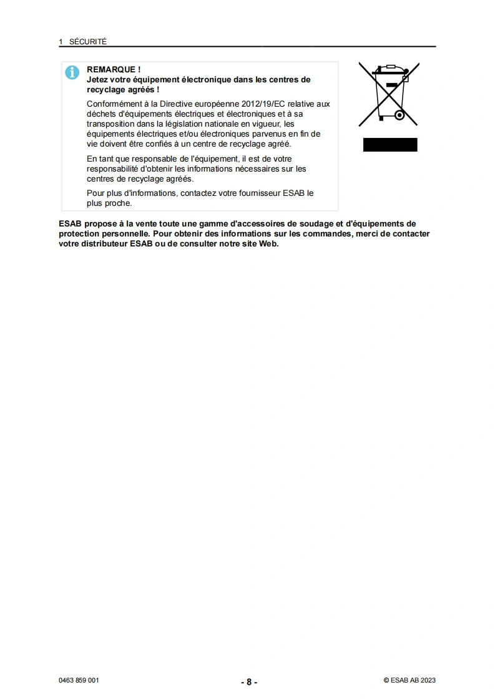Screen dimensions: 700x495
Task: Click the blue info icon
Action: (72, 72)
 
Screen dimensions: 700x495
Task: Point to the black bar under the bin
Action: (390, 145)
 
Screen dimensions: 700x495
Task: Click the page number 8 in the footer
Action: (248, 682)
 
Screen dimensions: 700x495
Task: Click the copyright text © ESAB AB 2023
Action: (409, 681)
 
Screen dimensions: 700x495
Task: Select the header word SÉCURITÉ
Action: (88, 42)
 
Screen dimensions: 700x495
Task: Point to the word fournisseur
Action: (258, 193)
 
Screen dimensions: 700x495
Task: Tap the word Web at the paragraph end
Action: (268, 244)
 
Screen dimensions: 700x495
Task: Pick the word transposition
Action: (110, 124)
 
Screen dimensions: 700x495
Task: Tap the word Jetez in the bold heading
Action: (97, 80)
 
